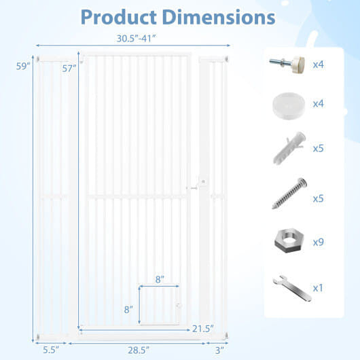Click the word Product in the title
(x=118, y=18)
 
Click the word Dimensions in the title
(x=219, y=17)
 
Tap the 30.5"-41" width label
(x=137, y=39)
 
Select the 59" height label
(x=23, y=67)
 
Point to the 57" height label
(x=69, y=69)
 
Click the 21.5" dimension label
(x=203, y=329)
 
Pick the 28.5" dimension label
(x=139, y=350)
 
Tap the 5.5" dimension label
(x=51, y=350)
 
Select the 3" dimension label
(x=219, y=350)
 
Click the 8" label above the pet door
(x=160, y=280)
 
